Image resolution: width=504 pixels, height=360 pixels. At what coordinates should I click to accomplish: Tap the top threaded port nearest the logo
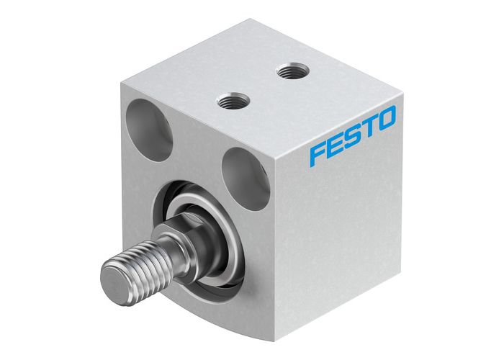(x=292, y=71)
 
